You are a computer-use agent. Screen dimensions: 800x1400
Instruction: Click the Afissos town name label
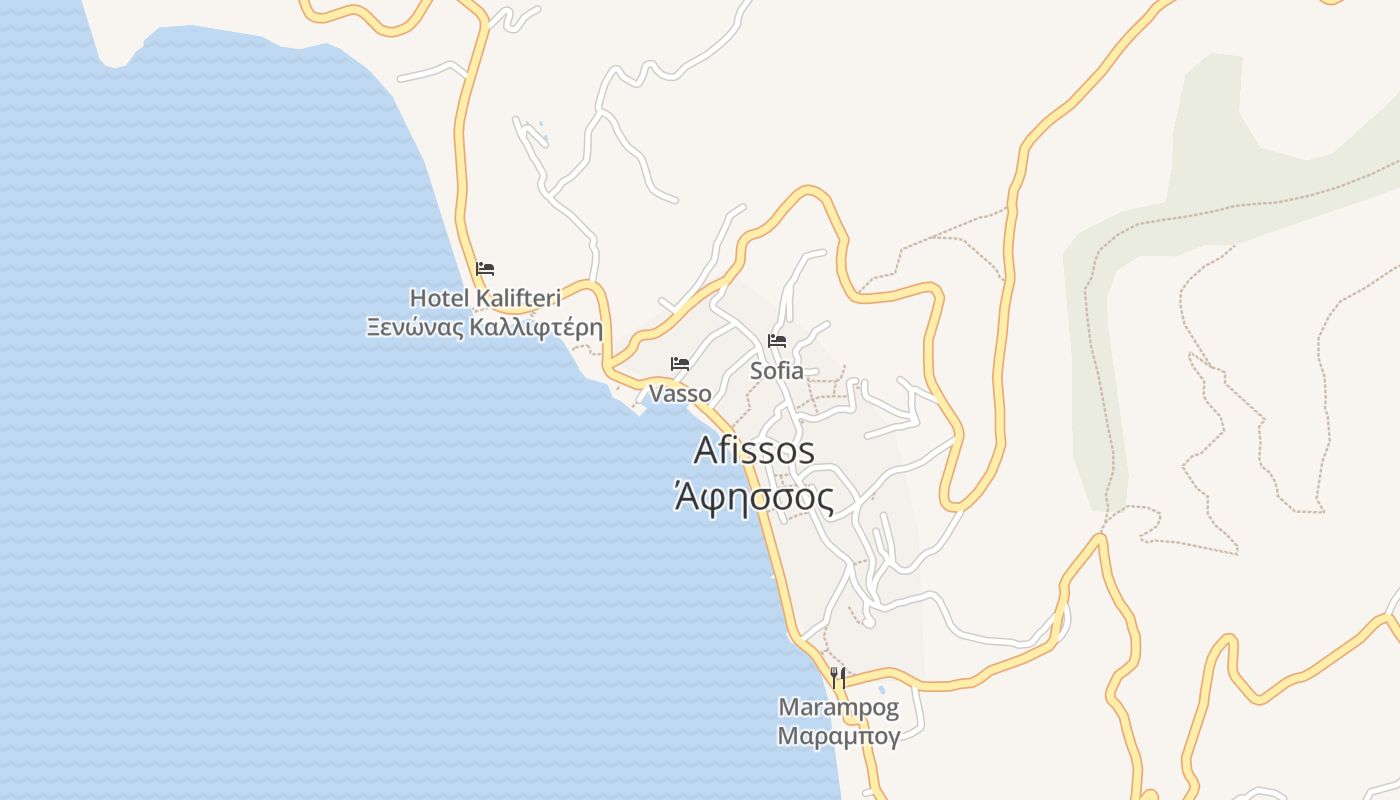(x=754, y=451)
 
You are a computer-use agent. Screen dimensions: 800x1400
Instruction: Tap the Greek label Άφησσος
(x=754, y=497)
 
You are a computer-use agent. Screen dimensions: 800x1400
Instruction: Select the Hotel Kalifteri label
(x=485, y=298)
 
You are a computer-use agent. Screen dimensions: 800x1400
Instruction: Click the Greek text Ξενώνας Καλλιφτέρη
(x=485, y=327)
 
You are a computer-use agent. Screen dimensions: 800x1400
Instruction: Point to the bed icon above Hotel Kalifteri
(x=485, y=268)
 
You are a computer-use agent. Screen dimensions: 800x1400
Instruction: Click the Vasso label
(x=680, y=393)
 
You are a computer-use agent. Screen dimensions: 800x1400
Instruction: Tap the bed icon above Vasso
(x=680, y=363)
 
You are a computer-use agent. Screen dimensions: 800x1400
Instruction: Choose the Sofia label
(x=777, y=370)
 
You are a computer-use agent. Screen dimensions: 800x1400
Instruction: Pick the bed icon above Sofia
(x=777, y=340)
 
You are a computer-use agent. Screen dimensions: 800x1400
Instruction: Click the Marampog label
(x=839, y=709)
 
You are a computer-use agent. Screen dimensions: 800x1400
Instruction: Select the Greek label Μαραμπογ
(x=839, y=737)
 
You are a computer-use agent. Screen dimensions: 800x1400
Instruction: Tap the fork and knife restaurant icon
(x=838, y=677)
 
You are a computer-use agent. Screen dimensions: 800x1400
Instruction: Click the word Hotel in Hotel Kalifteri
(x=439, y=298)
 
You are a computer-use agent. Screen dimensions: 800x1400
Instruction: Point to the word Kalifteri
(x=517, y=298)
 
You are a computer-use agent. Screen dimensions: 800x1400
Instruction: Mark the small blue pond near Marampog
(x=881, y=689)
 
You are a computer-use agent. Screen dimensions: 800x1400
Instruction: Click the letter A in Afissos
(x=707, y=451)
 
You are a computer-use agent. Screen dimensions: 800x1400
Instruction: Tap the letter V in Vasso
(x=656, y=393)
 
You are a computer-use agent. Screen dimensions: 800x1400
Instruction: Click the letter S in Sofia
(x=757, y=370)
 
